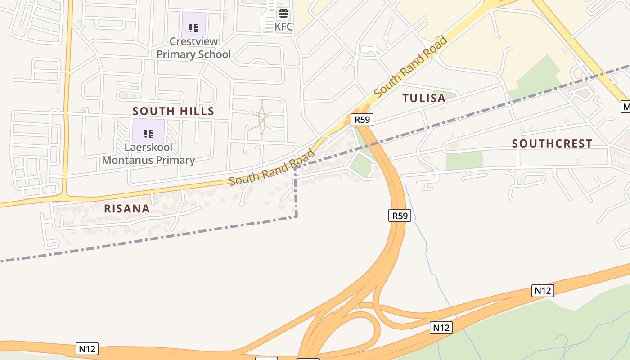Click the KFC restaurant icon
point(283,13)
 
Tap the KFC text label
point(283,27)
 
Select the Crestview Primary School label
point(193,48)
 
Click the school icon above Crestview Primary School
point(193,28)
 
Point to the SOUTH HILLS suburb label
point(173,111)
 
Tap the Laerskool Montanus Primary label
point(148,154)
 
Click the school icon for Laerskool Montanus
point(148,134)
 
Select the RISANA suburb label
point(127,209)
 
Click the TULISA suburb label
point(424,98)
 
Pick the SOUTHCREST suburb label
point(552,144)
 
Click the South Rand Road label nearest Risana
point(271,167)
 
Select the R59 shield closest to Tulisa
point(362,120)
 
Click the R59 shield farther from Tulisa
point(400,216)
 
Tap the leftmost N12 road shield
point(87,349)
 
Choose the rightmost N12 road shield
point(542,290)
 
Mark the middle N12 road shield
point(441,328)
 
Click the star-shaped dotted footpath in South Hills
point(260,119)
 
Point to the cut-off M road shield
point(625,107)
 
